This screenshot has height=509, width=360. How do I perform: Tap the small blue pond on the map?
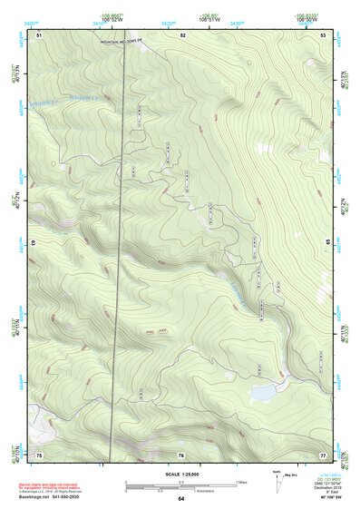tap(264, 393)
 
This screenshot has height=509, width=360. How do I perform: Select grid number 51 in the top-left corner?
tap(39, 34)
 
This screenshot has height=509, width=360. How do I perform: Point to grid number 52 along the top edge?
tap(182, 34)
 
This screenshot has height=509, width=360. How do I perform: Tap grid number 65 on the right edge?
tap(329, 244)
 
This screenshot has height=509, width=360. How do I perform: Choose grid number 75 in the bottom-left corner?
tap(39, 454)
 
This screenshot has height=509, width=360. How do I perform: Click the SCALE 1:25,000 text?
tap(180, 474)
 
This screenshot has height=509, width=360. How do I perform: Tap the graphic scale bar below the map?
tap(180, 485)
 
